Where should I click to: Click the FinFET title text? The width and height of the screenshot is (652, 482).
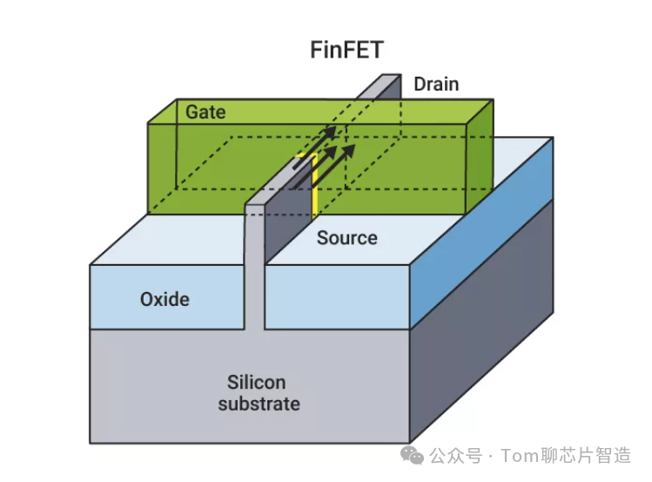pos(346,50)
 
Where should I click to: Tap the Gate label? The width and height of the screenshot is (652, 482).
pos(205,112)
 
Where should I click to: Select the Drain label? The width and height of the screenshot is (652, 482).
pos(436,85)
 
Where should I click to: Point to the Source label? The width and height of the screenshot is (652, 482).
pos(346,238)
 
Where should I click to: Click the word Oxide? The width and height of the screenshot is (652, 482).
pos(165,299)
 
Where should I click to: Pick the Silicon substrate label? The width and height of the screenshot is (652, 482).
pos(259,393)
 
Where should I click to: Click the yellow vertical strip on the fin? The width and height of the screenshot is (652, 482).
pos(313,187)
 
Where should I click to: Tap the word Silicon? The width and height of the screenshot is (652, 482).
pos(257,383)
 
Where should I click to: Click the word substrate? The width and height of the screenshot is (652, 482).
pos(259,404)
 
